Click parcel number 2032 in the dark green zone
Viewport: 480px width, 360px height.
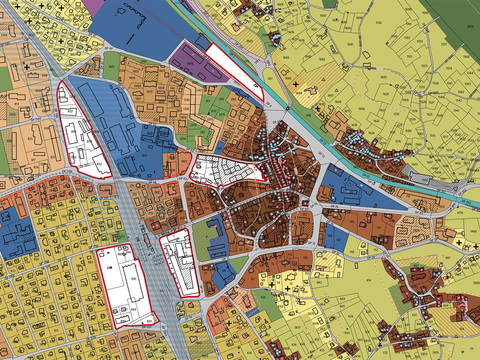[x=470, y=27]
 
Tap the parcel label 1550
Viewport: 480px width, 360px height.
[x=379, y=23]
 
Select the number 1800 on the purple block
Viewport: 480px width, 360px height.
[x=190, y=63]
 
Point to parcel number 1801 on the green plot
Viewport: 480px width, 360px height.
[x=111, y=67]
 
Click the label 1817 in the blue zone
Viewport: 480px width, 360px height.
[x=144, y=156]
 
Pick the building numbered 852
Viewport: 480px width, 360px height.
[x=99, y=164]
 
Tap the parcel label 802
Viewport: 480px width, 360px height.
[x=70, y=111]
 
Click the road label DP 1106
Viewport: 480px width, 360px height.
[x=67, y=171]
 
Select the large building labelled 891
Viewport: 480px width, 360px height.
[x=134, y=279]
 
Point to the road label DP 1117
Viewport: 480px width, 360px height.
[x=147, y=327]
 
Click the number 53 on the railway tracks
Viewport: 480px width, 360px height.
[x=162, y=291]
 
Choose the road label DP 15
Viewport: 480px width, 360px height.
[x=226, y=259]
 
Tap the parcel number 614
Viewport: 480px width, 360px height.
[x=369, y=281]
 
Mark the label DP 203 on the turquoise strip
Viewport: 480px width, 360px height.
[x=466, y=202]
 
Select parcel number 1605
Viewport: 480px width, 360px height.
[x=383, y=77]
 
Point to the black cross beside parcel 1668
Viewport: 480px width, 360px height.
[x=295, y=84]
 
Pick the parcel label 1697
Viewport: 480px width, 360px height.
[x=350, y=44]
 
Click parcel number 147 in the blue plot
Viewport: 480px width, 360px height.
[x=338, y=240]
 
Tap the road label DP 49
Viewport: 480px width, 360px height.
[x=419, y=212]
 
